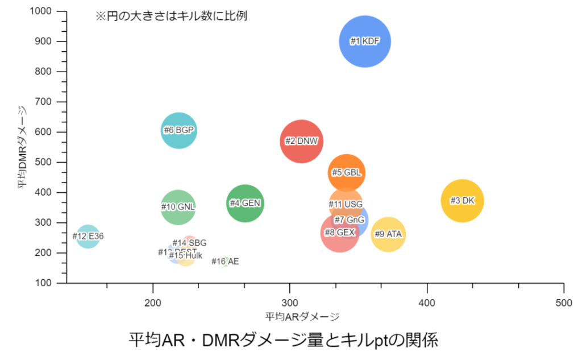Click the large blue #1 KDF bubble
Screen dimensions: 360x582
365,41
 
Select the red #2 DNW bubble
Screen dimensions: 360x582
302,141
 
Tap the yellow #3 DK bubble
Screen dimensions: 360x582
463,201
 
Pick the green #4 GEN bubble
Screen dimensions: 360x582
245,203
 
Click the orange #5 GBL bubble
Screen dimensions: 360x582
346,173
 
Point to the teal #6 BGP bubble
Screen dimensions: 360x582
179,130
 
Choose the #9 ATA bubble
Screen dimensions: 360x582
388,234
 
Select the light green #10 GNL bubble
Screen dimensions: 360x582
178,207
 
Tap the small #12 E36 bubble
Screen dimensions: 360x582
88,236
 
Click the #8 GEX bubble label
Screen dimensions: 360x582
339,233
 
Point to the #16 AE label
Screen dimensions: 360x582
225,262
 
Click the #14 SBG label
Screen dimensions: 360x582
189,243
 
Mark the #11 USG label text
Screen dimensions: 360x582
346,205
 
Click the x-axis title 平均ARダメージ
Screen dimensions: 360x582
302,316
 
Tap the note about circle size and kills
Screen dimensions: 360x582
171,16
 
